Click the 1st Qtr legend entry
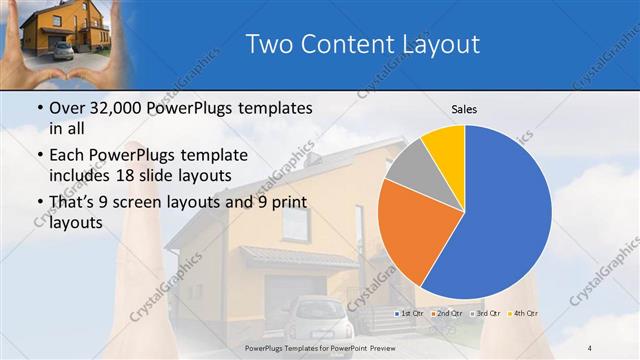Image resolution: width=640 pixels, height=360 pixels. [x=409, y=315]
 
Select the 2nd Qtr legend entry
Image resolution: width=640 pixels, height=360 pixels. [x=447, y=315]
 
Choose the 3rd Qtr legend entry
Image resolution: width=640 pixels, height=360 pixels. [x=486, y=315]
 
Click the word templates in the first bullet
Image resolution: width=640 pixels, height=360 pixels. [x=276, y=108]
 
